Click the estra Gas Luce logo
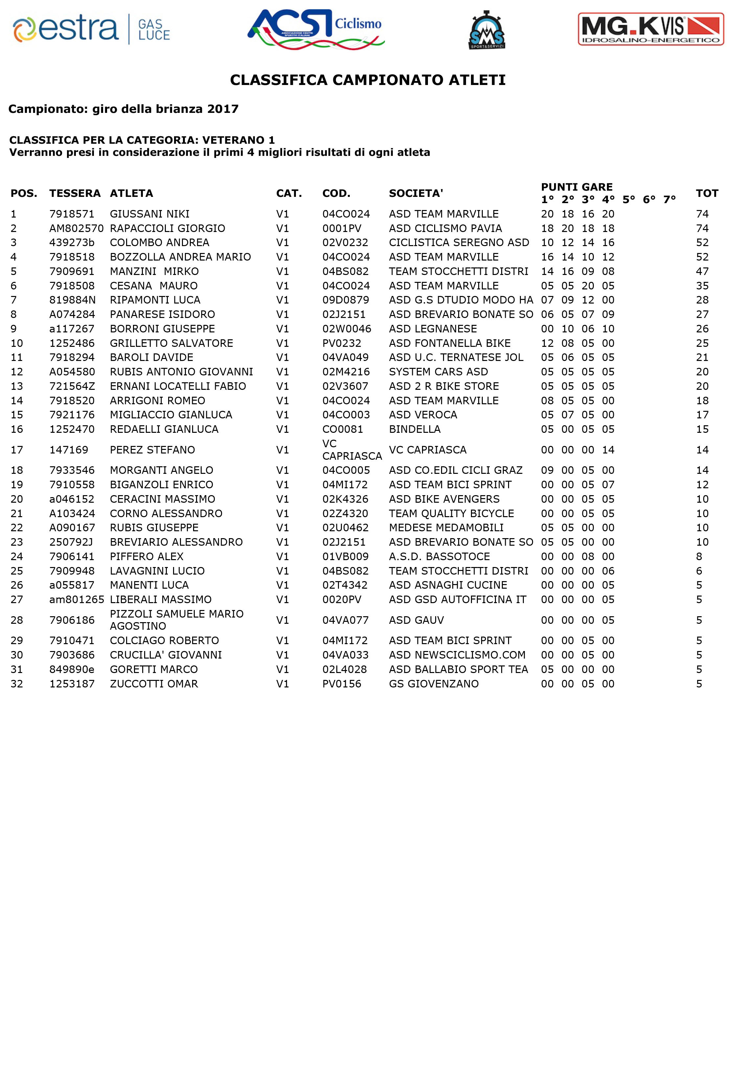pos(92,29)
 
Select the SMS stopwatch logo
pos(486,30)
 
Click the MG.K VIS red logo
pos(651,29)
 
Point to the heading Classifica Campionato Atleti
pos(368,80)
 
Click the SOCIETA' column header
pos(416,194)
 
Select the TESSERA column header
pos(75,194)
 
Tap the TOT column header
pos(707,194)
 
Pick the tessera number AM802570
pos(76,228)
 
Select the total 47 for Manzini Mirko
pos(702,271)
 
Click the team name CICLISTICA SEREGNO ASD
pos(459,243)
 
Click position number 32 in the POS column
pos(17,684)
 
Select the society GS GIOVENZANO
pos(434,684)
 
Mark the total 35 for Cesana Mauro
pos(702,286)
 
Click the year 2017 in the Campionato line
pos(223,109)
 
